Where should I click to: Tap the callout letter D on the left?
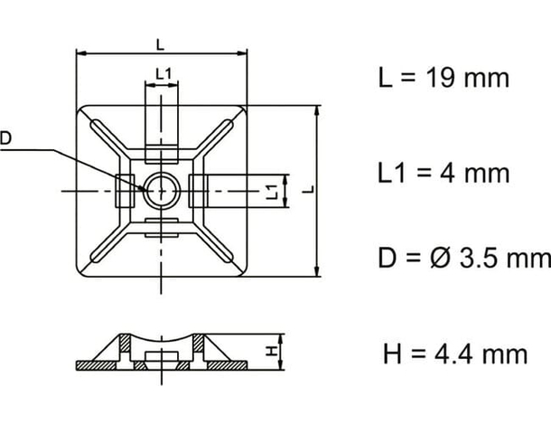(6, 138)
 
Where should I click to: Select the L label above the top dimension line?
(161, 43)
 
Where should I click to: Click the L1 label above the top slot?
(163, 73)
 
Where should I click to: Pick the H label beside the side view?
(270, 352)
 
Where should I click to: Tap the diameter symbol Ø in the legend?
(437, 260)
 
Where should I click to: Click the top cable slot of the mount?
(162, 118)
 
